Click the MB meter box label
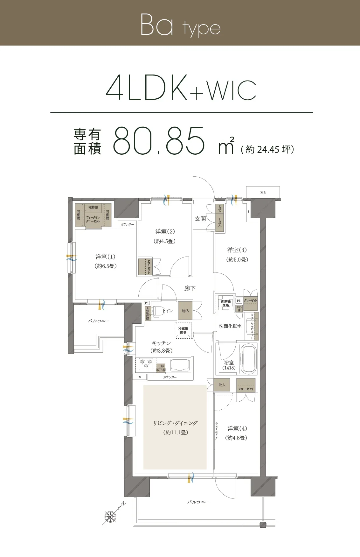(x=263, y=193)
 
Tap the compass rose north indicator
(x=111, y=516)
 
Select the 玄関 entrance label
(x=200, y=219)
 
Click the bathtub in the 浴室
(x=248, y=359)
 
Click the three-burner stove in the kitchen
(x=146, y=363)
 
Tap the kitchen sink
(x=180, y=365)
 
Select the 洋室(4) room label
(x=237, y=428)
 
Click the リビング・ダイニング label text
(x=175, y=423)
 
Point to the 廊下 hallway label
(x=190, y=288)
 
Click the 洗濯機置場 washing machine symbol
(x=225, y=303)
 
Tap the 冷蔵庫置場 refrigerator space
(x=183, y=330)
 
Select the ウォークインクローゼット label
(x=93, y=219)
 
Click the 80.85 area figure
(x=159, y=141)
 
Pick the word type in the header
(x=201, y=29)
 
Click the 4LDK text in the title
(x=147, y=88)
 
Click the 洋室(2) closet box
(x=145, y=267)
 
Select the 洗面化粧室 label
(x=230, y=326)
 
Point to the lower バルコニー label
(x=198, y=502)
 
